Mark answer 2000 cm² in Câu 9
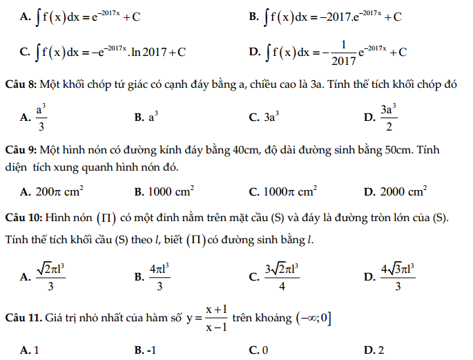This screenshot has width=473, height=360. pyautogui.click(x=403, y=190)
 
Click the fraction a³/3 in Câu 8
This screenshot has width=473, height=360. pyautogui.click(x=41, y=117)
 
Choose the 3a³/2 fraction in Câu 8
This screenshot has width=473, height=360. pyautogui.click(x=388, y=117)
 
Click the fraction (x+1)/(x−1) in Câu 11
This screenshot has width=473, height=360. pyautogui.click(x=216, y=318)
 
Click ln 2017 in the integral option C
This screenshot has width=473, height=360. pyautogui.click(x=149, y=51)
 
